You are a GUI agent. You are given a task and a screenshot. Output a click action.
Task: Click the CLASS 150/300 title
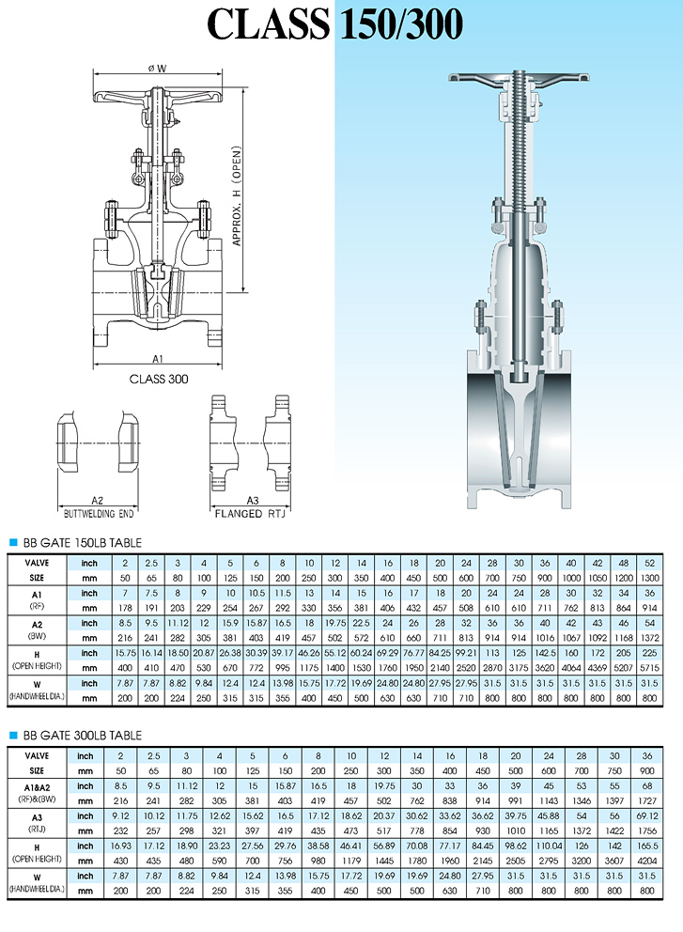coord(335,24)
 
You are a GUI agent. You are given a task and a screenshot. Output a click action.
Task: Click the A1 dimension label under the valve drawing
coord(159,360)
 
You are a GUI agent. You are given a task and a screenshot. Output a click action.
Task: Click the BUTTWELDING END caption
coord(99,514)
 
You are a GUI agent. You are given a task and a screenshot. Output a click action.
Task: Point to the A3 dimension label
coord(246,500)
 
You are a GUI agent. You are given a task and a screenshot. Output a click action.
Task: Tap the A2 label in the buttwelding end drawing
coord(97,500)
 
